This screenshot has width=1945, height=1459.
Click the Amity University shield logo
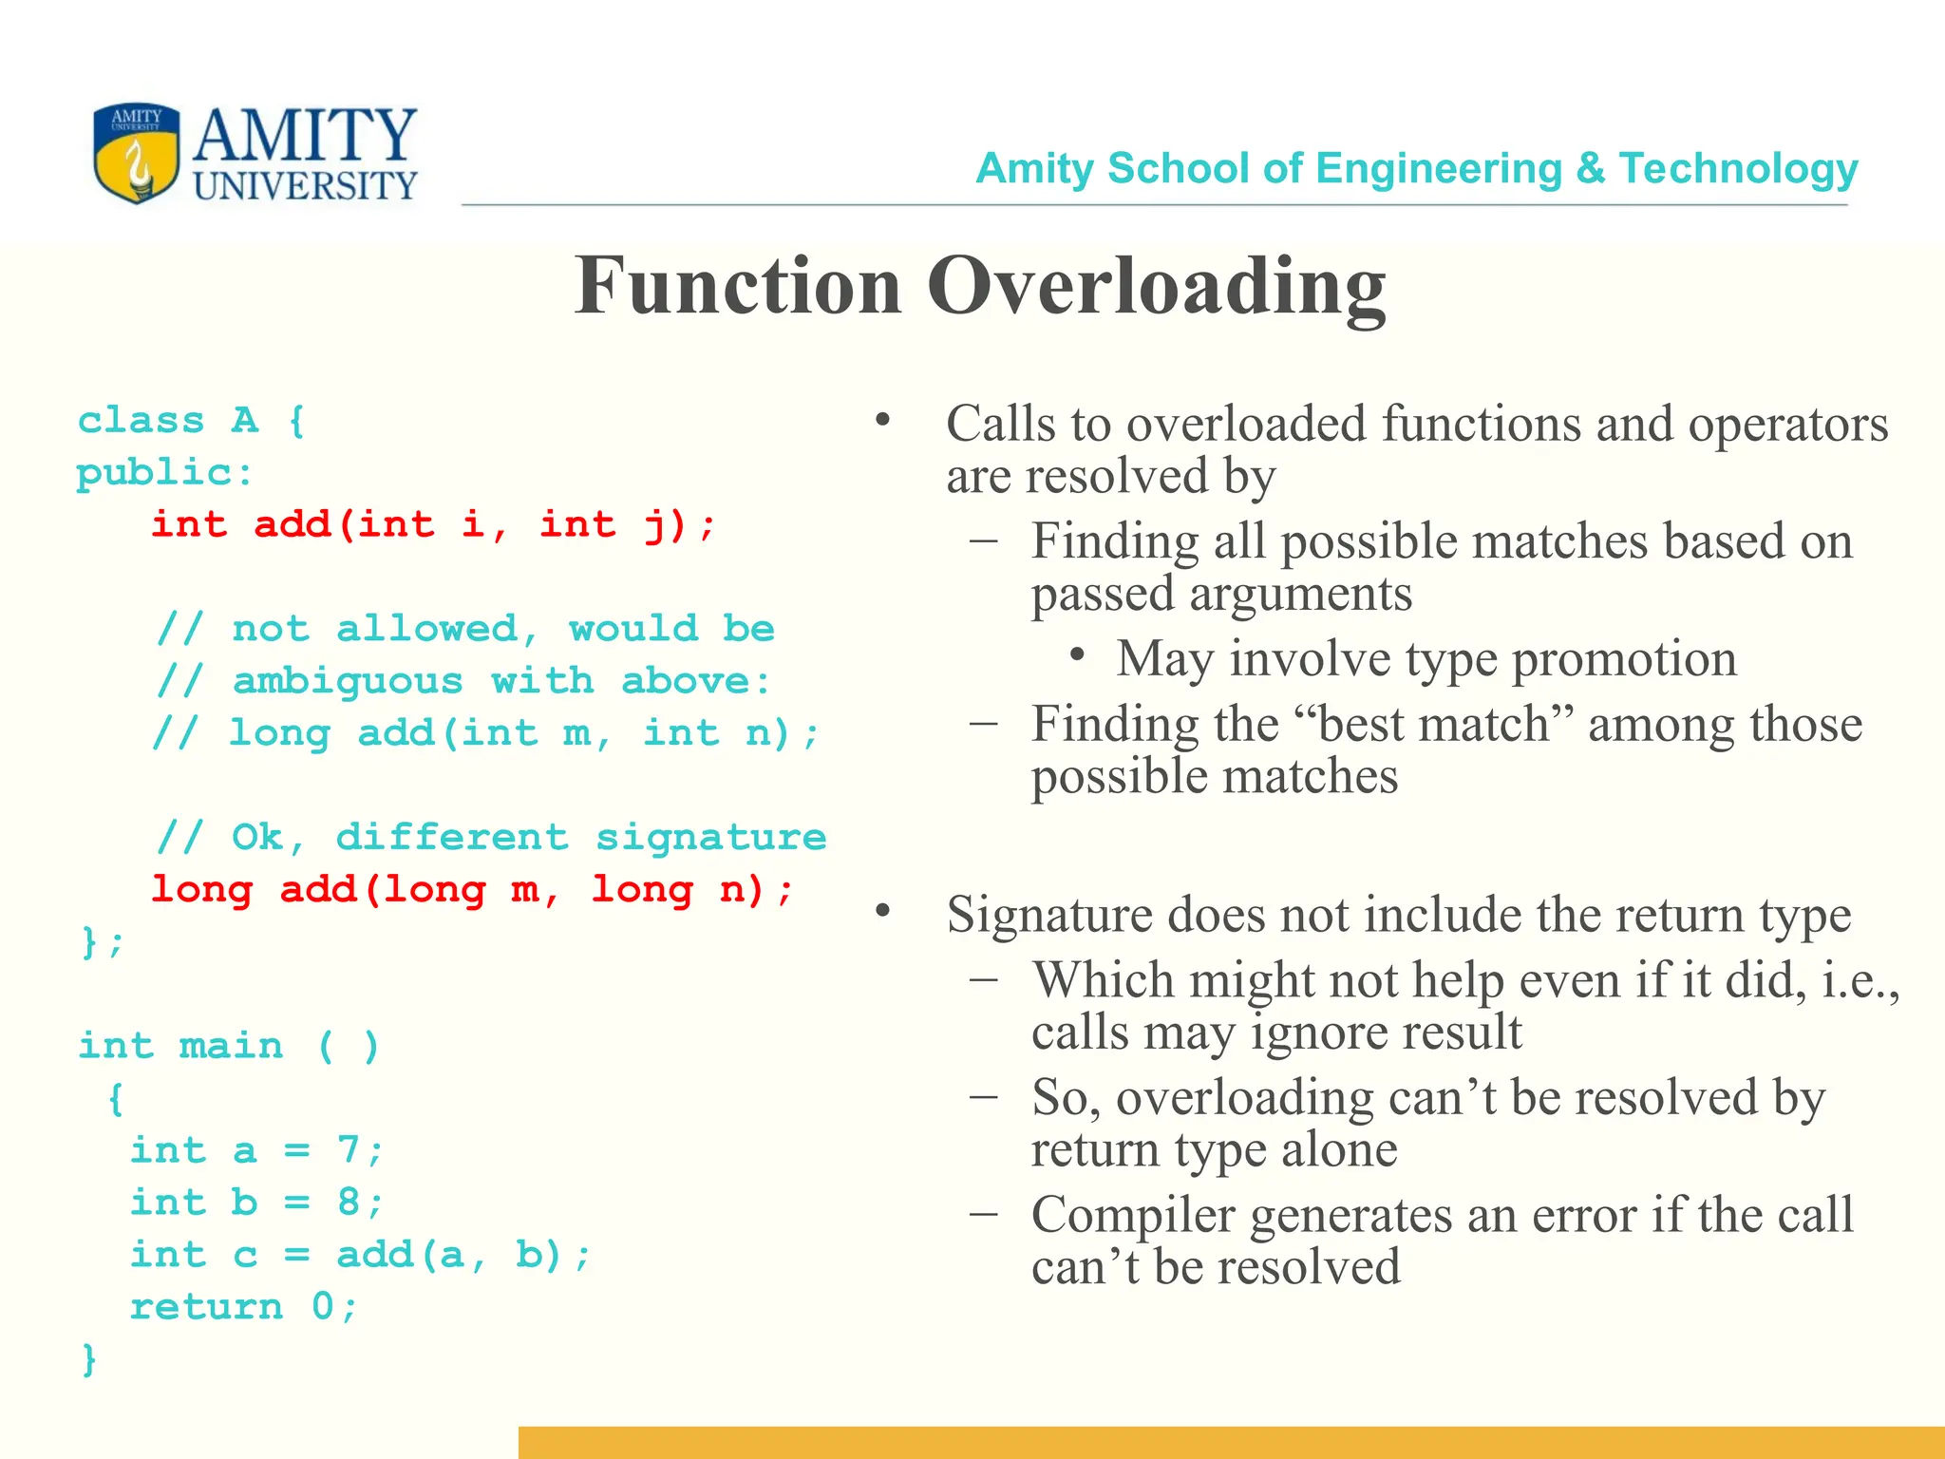[136, 153]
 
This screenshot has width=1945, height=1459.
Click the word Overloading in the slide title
[1156, 287]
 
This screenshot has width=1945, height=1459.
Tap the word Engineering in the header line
[1438, 169]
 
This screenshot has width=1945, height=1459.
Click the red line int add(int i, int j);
[433, 524]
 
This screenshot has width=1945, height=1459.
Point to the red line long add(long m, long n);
[471, 890]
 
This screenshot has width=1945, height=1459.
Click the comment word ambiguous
[348, 682]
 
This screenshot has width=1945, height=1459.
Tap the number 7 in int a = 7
[348, 1150]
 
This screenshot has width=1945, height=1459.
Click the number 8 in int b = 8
[348, 1203]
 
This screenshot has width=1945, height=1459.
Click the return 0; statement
[243, 1307]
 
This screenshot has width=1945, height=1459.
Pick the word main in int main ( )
[231, 1046]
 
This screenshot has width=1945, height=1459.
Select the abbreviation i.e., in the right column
[1860, 980]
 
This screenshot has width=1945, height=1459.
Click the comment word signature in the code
[710, 838]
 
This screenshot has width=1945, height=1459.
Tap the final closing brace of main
[88, 1359]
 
